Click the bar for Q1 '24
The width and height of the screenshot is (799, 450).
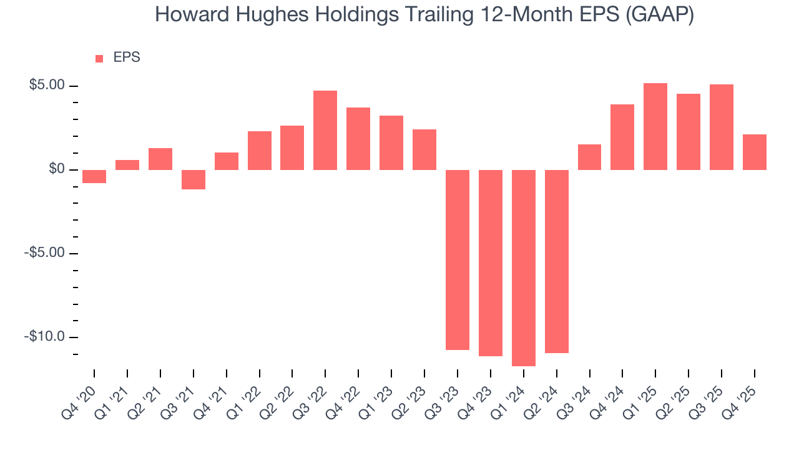coord(523,267)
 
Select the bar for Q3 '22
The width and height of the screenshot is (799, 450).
coord(325,130)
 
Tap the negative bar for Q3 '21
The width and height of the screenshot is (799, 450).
coord(194,179)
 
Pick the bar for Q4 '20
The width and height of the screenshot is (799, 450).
coord(94,176)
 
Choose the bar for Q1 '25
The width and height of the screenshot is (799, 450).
coord(655,126)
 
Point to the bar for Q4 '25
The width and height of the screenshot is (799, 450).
coord(754,152)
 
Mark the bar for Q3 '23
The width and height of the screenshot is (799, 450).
coord(458,259)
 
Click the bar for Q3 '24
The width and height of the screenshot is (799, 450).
coord(589,157)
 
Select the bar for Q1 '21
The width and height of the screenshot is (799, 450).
coord(127,165)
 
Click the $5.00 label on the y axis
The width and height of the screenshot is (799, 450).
coord(47,86)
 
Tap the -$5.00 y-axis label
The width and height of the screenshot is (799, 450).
coord(45,253)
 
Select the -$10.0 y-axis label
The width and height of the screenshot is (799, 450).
coord(45,337)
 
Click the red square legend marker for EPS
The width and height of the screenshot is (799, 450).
coord(99,58)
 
